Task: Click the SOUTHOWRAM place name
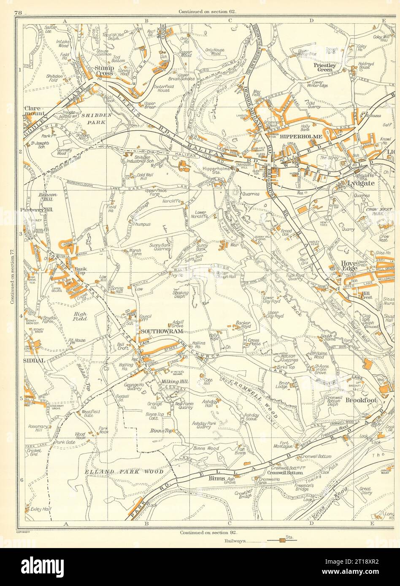pyautogui.click(x=156, y=332)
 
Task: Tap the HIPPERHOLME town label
pyautogui.click(x=295, y=137)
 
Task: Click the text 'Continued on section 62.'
pyautogui.click(x=207, y=11)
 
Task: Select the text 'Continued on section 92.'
pyautogui.click(x=207, y=532)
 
